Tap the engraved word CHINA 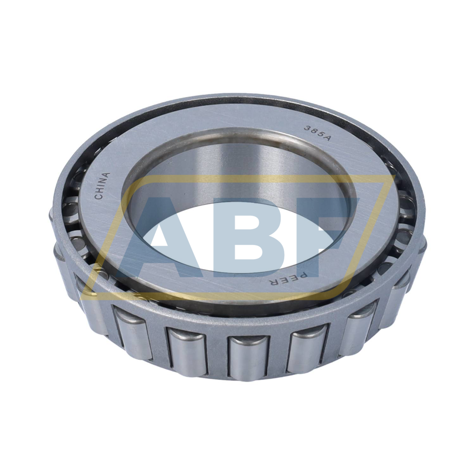pyautogui.click(x=102, y=186)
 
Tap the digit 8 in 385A pyautogui.click(x=313, y=132)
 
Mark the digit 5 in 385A pyautogui.click(x=320, y=136)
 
